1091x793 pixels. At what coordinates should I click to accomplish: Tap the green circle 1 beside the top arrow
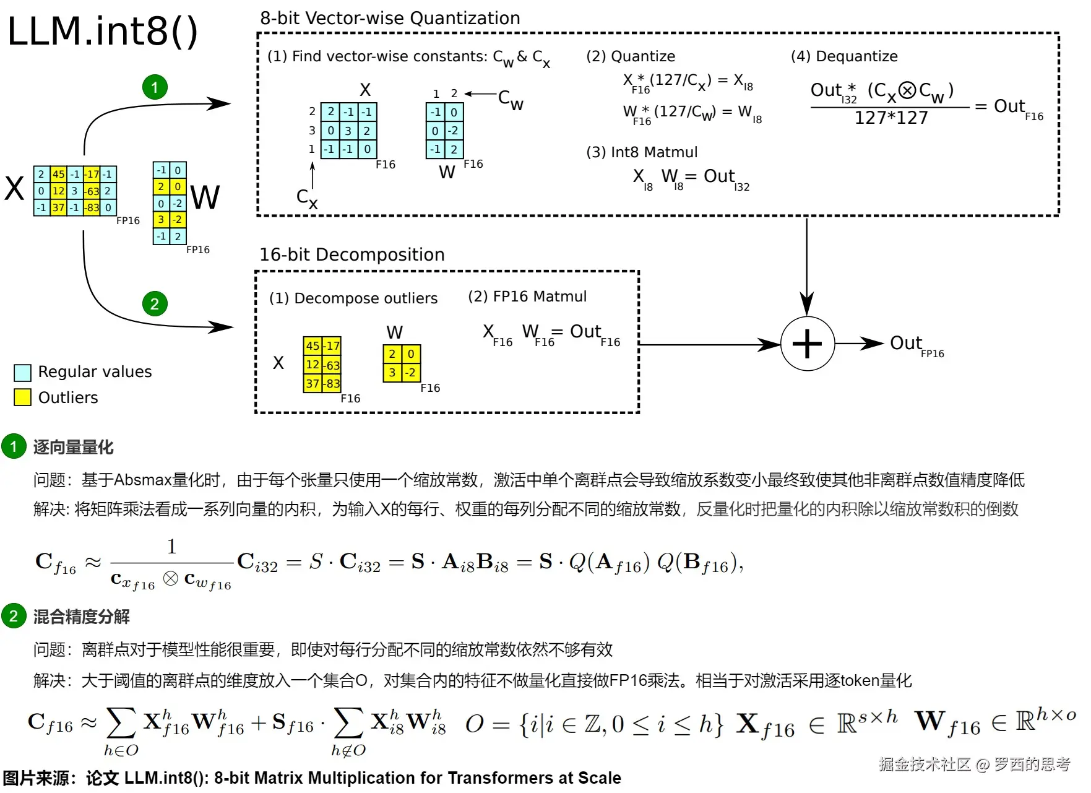point(155,87)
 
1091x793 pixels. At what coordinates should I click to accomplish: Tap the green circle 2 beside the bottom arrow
point(155,304)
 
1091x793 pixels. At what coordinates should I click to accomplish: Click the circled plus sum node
point(807,344)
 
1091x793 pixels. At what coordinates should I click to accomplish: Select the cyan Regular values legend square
point(22,372)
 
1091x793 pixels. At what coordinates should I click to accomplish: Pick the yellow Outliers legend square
point(22,397)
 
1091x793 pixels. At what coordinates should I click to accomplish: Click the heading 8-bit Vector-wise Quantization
point(390,18)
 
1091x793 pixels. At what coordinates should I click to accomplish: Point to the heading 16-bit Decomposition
point(351,254)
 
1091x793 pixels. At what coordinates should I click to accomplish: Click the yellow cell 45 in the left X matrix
point(58,175)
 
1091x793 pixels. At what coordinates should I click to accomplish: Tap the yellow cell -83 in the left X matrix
point(92,207)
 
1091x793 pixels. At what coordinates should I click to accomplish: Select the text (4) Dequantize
point(844,56)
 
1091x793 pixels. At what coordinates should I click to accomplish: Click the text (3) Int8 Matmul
point(642,152)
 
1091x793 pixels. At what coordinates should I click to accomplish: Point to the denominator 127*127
point(891,118)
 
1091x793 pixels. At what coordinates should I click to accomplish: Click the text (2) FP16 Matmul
point(527,297)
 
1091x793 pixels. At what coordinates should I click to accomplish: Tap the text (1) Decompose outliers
point(353,298)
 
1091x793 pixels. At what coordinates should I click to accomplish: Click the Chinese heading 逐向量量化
point(73,447)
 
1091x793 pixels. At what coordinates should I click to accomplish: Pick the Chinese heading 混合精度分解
point(81,617)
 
